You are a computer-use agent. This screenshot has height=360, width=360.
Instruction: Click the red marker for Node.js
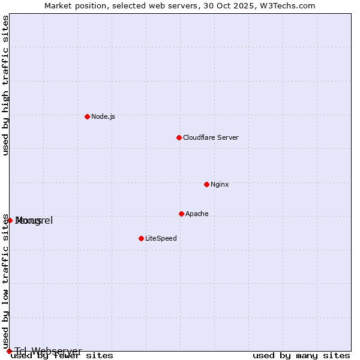coord(87,116)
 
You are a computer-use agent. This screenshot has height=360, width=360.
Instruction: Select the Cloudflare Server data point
coord(179,137)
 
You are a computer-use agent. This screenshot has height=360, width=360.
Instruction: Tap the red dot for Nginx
coord(206,184)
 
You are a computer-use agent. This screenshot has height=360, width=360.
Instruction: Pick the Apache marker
coord(181,214)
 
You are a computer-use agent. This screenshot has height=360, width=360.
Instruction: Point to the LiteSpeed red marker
coord(141,238)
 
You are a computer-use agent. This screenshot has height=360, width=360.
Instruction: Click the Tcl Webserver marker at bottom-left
coord(9,351)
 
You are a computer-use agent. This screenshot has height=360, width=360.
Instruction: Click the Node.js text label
coord(103,116)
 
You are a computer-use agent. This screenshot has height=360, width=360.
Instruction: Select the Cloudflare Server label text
coord(211,137)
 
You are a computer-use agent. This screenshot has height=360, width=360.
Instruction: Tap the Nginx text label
coord(220,184)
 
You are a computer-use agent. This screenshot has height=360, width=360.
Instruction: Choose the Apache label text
coord(197,214)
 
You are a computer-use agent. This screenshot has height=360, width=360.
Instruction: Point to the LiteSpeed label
coord(161,238)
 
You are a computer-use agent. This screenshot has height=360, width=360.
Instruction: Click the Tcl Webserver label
coord(48,351)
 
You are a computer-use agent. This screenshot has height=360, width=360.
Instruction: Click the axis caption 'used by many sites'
coord(301,356)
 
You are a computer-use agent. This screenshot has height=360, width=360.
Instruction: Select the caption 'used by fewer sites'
coord(62,356)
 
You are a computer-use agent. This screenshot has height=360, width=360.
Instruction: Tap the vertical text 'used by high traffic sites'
coord(5,85)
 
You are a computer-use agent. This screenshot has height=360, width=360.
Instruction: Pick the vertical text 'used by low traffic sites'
coord(5,281)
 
